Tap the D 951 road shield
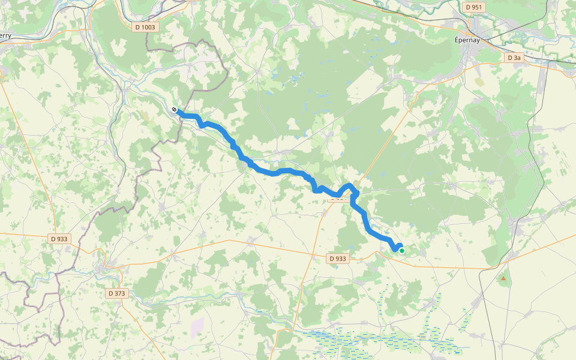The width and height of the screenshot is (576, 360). [473, 7]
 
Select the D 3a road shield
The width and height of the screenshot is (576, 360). [514, 58]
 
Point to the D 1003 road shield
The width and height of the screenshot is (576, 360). [145, 27]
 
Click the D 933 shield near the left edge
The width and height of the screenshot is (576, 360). [59, 239]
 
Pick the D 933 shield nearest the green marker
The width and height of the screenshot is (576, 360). [338, 259]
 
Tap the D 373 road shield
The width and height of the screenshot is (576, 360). [118, 293]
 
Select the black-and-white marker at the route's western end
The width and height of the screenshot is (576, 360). [173, 110]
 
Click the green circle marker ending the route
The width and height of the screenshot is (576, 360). [402, 251]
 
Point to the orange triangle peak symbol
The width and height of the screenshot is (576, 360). [503, 278]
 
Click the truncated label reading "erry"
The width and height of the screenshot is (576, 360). [5, 35]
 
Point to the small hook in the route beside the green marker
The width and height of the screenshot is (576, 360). [397, 246]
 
